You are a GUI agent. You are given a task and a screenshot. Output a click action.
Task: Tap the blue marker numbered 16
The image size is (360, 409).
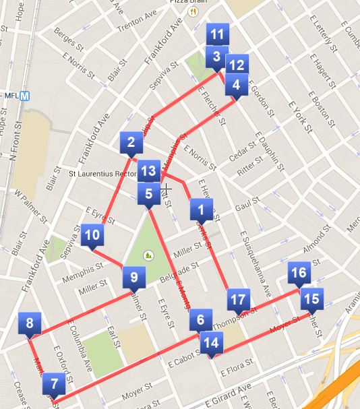[299, 274]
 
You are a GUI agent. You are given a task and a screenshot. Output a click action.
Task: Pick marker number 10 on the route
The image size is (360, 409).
[93, 235]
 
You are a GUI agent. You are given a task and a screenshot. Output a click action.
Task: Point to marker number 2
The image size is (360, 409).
[131, 142]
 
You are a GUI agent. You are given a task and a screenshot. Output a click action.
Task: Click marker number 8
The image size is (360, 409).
[30, 323]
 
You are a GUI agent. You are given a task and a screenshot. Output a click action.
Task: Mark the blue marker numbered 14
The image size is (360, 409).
[211, 342]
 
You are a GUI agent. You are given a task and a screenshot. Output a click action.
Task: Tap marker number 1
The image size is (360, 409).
[201, 210]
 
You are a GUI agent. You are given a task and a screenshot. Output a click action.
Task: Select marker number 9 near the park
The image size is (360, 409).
[133, 276]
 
